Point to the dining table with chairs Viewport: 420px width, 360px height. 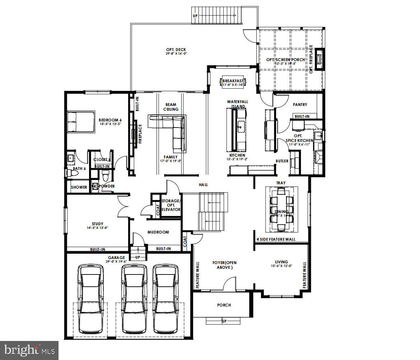[x=281, y=210]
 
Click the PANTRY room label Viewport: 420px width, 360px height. [x=300, y=105]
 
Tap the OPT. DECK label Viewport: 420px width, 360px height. [x=176, y=50]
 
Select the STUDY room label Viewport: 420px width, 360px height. [x=97, y=224]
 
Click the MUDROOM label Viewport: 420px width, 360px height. [x=158, y=232]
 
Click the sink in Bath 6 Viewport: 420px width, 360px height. [x=71, y=157]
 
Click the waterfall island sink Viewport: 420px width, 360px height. [x=240, y=126]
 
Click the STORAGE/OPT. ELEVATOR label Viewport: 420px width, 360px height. [x=171, y=205]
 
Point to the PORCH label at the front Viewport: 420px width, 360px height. [x=224, y=305]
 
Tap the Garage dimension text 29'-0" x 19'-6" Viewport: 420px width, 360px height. [x=117, y=262]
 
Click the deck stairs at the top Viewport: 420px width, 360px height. [x=214, y=15]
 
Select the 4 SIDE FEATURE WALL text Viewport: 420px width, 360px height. [x=276, y=239]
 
